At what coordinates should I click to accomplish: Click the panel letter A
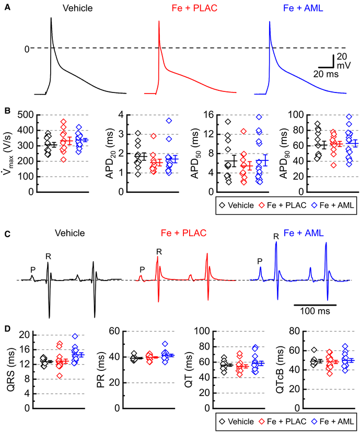coord(7,9)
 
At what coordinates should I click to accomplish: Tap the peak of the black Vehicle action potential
coord(51,18)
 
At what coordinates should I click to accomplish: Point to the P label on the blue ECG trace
coord(260,260)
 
